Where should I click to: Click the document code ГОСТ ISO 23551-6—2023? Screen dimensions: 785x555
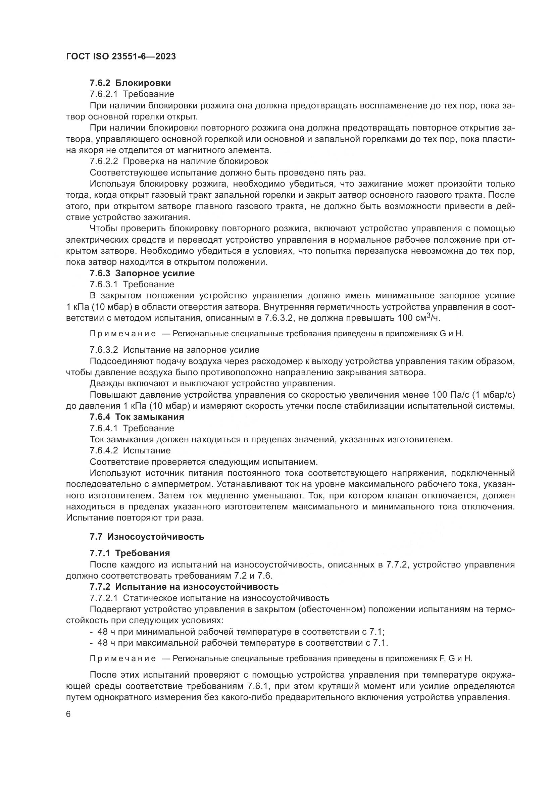(x=121, y=57)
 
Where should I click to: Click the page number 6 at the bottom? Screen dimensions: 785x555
(x=68, y=714)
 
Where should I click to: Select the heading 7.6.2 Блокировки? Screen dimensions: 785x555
(x=130, y=83)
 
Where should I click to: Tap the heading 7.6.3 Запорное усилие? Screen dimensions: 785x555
(x=142, y=273)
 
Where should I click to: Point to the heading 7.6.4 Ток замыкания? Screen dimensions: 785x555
(x=137, y=417)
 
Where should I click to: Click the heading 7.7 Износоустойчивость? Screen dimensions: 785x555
(x=147, y=536)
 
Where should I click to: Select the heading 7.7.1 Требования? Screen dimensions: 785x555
(x=130, y=553)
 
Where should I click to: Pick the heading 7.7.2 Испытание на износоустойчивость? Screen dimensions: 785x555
(x=184, y=587)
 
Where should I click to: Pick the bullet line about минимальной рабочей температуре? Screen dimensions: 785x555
(x=239, y=632)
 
